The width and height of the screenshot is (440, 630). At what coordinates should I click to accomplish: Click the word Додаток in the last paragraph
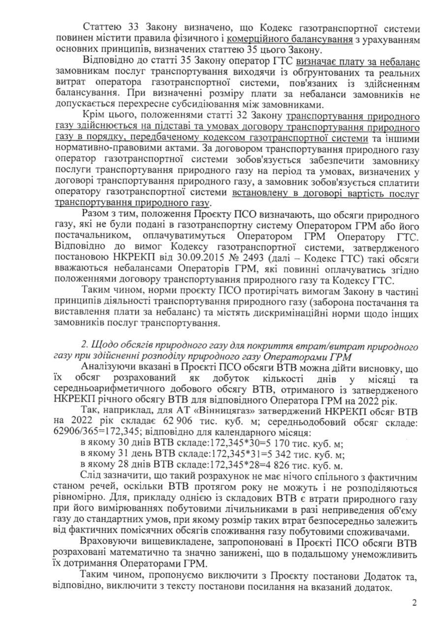tap(367, 577)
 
